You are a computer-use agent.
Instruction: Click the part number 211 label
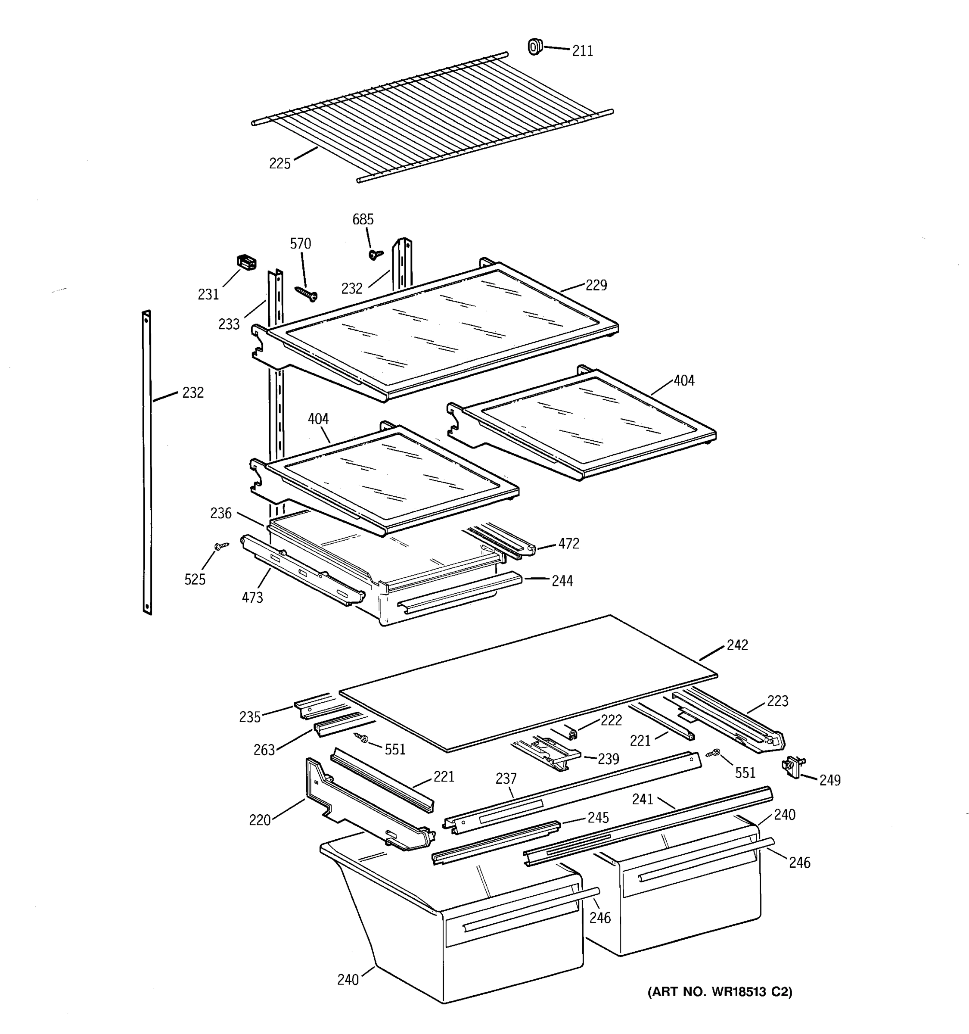tap(582, 51)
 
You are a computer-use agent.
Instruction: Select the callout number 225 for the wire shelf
tap(280, 164)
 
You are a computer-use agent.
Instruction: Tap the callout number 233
tap(229, 324)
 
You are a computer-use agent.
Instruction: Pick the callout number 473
tap(252, 598)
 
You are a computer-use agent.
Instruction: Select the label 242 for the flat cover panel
tap(737, 645)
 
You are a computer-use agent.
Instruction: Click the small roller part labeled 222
tap(572, 734)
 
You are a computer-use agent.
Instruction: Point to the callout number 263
tap(264, 751)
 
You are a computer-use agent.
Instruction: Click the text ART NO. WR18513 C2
tap(720, 992)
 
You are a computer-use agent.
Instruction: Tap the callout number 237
tap(506, 779)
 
